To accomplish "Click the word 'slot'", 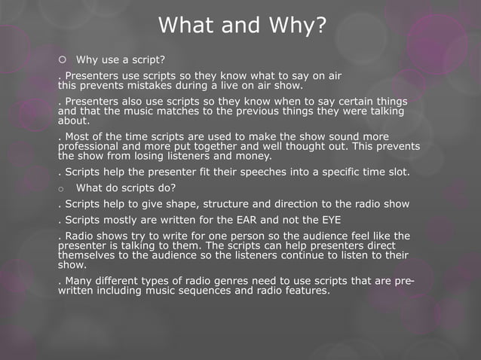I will pyautogui.click(x=398, y=172).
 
